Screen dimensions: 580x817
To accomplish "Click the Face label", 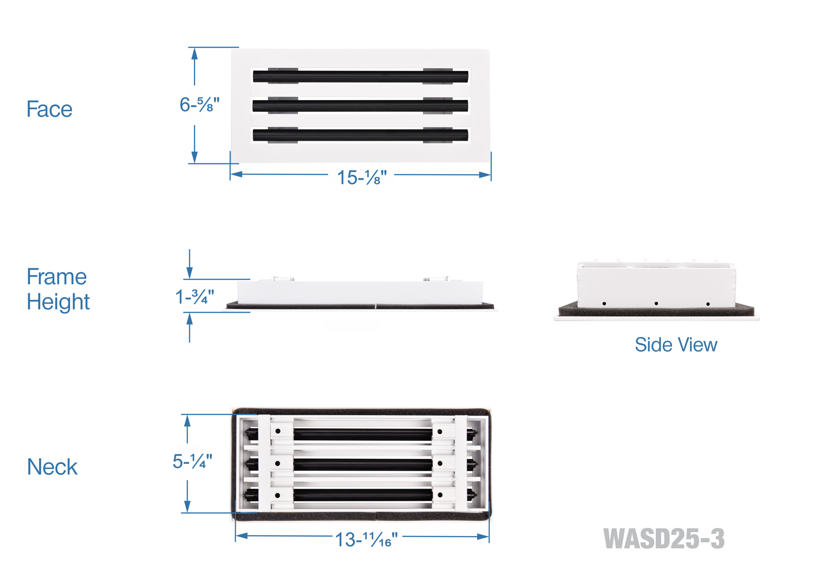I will click(x=49, y=109).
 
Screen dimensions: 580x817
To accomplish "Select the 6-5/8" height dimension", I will click(x=199, y=105).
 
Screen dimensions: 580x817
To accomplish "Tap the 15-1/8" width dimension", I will click(x=362, y=177).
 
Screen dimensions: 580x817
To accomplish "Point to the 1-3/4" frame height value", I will click(x=195, y=296).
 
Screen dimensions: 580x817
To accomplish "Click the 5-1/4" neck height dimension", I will click(x=192, y=461).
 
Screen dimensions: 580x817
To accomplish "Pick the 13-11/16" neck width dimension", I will click(x=366, y=539).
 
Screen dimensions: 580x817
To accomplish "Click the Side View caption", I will click(x=676, y=345).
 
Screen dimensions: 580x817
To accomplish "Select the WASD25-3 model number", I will click(x=663, y=539).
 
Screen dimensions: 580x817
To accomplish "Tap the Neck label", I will click(x=52, y=467).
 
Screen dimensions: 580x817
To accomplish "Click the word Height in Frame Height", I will click(x=58, y=302).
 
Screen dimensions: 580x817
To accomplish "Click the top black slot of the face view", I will click(x=361, y=77).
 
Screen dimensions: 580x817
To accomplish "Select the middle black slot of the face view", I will click(x=361, y=106).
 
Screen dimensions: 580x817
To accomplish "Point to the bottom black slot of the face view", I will click(x=361, y=135).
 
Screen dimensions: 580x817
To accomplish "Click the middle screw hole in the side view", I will click(x=656, y=304).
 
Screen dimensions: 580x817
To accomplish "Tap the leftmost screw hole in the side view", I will click(x=604, y=304).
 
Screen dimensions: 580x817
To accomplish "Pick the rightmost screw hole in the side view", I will click(x=708, y=304).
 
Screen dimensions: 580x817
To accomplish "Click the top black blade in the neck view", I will click(x=363, y=435).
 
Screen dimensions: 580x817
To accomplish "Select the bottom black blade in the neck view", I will click(x=363, y=495).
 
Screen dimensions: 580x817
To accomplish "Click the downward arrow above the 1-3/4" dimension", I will click(x=189, y=271).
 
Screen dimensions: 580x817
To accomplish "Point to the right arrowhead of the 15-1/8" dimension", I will click(x=485, y=175).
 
